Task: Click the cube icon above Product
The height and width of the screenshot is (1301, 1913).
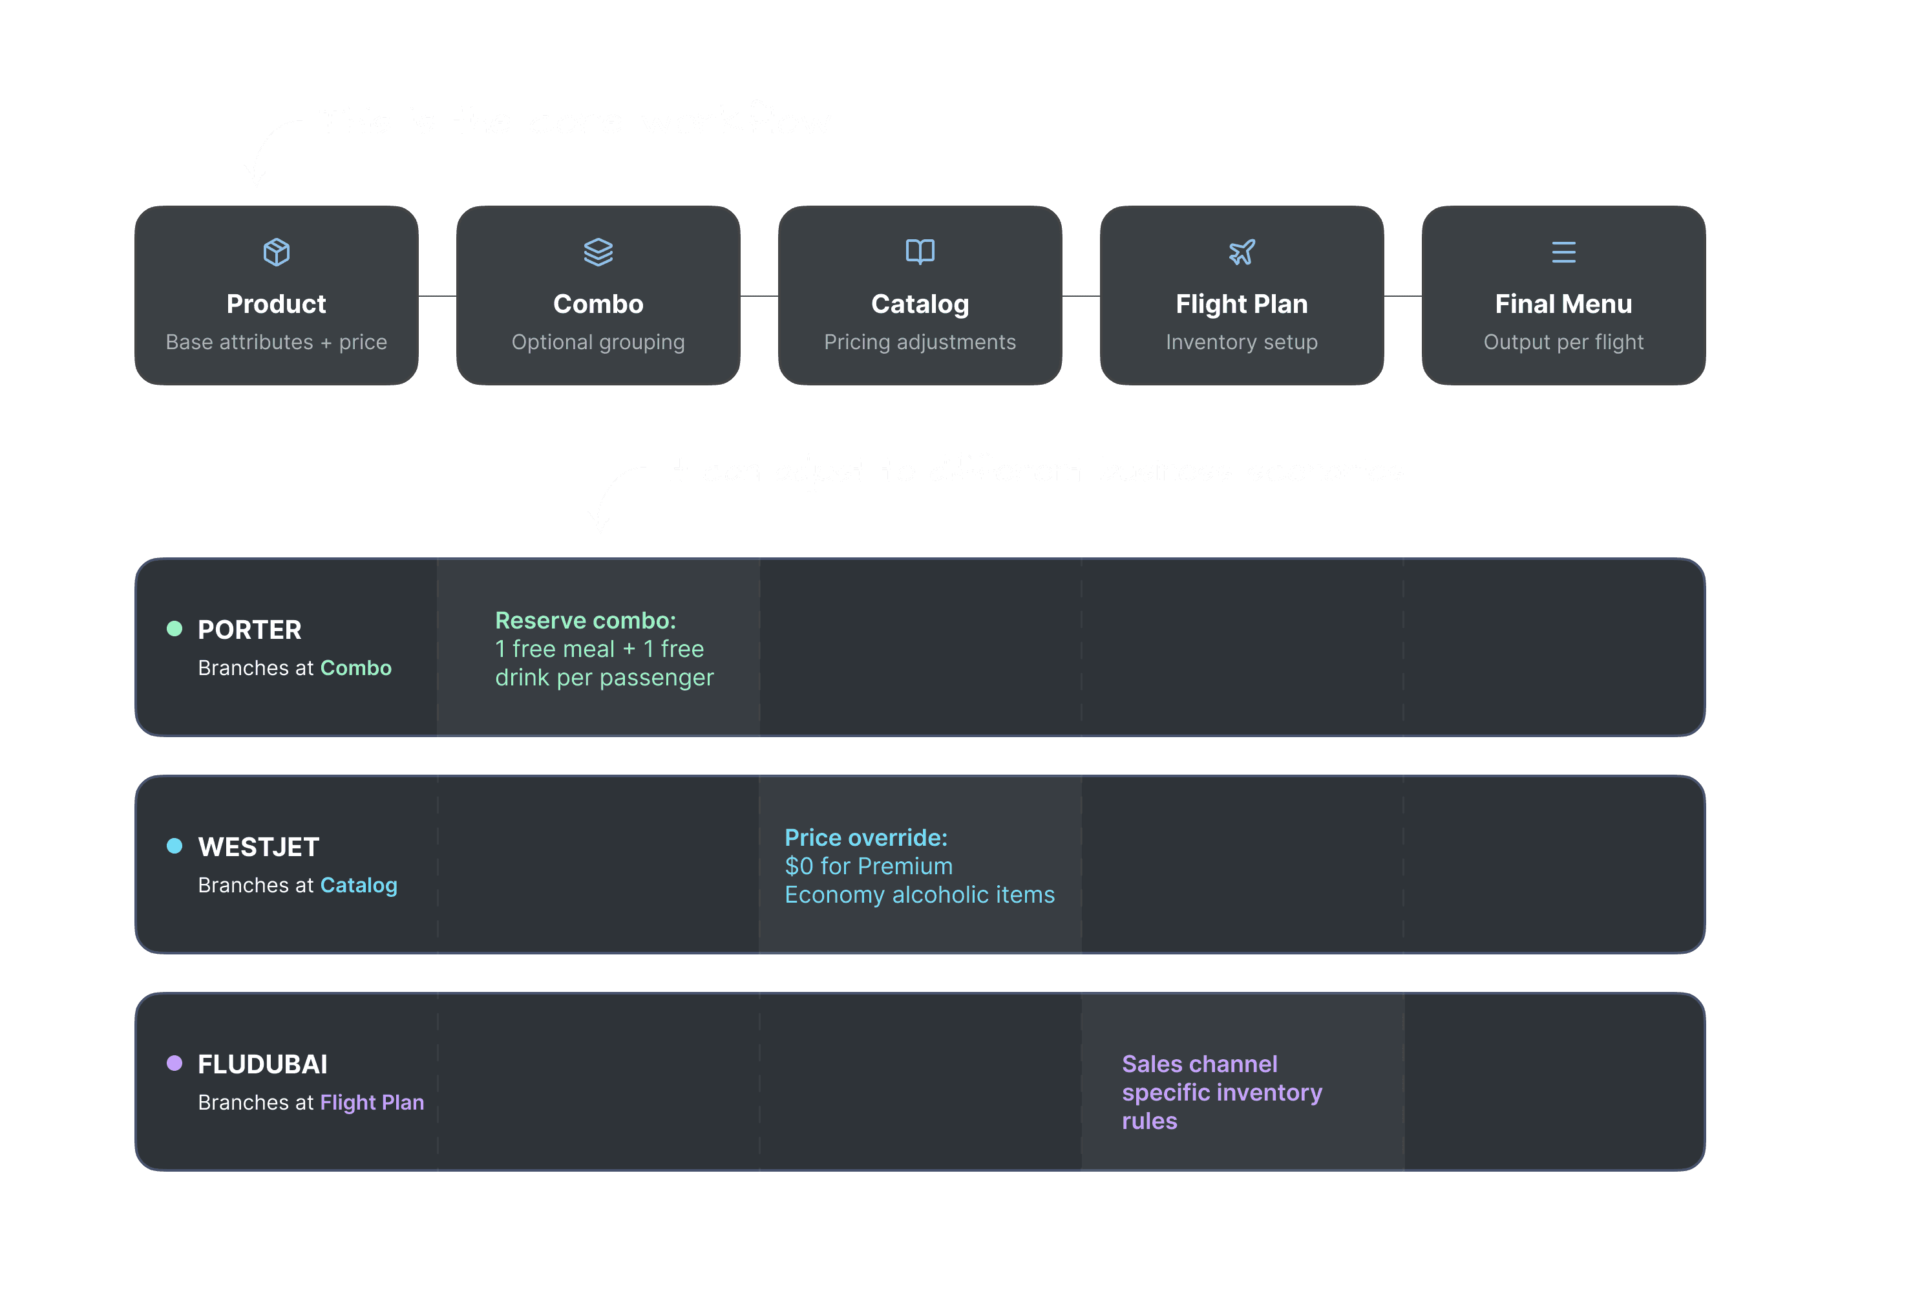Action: pyautogui.click(x=276, y=252)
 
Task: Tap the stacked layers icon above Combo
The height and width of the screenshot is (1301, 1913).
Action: pyautogui.click(x=598, y=252)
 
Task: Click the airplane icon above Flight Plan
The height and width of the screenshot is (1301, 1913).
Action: pyautogui.click(x=1242, y=252)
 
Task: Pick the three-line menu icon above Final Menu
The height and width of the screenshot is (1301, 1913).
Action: pyautogui.click(x=1563, y=252)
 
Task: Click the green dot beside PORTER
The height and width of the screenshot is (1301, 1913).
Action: pyautogui.click(x=174, y=629)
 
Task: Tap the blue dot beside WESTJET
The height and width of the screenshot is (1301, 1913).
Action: pyautogui.click(x=174, y=846)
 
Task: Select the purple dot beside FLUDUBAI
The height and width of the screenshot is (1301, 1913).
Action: pyautogui.click(x=174, y=1063)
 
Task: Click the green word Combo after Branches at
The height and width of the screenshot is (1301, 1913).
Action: pyautogui.click(x=355, y=668)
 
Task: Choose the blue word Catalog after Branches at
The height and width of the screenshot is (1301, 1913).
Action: pyautogui.click(x=358, y=885)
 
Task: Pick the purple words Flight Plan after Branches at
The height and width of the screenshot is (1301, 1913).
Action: pyautogui.click(x=372, y=1102)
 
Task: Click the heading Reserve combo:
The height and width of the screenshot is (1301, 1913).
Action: pyautogui.click(x=586, y=620)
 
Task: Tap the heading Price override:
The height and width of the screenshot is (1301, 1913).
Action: pyautogui.click(x=866, y=837)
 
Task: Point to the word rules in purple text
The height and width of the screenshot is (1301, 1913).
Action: pyautogui.click(x=1149, y=1121)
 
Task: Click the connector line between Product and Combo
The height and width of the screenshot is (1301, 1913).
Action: pyautogui.click(x=437, y=296)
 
